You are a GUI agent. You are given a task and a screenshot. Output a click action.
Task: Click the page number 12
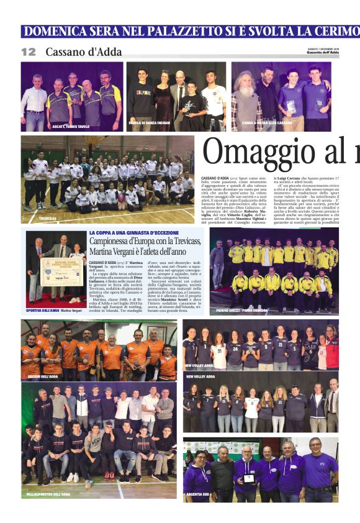click(29, 52)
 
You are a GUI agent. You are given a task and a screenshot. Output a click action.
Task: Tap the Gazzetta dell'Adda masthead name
click(325, 53)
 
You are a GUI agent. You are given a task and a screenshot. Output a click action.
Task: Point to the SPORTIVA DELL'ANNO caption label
click(44, 310)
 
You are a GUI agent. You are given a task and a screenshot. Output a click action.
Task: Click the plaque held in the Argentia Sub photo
click(248, 478)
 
